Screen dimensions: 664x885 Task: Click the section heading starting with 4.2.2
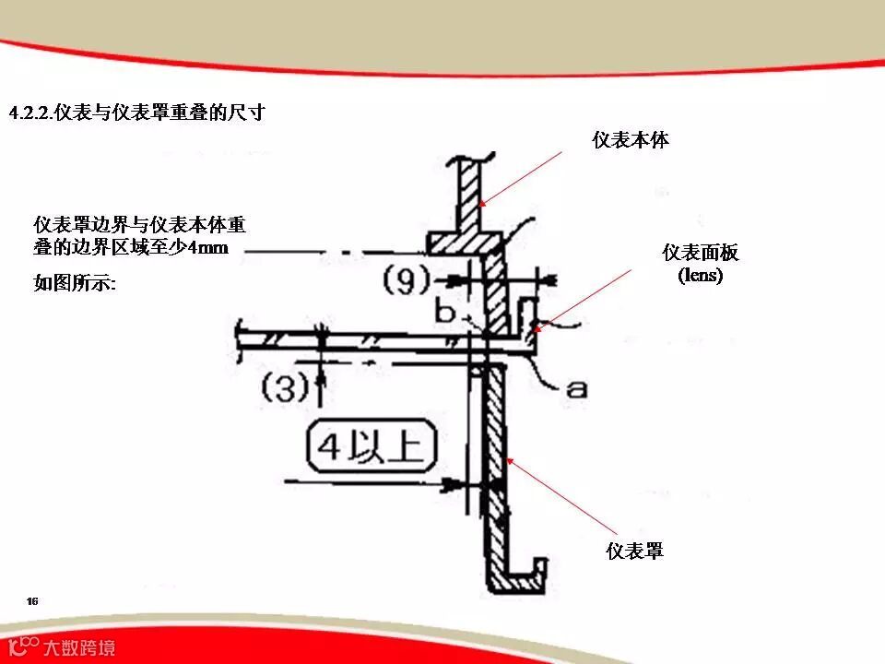[x=137, y=113]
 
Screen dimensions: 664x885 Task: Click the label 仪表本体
[x=631, y=140]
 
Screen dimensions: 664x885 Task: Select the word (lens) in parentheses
[x=701, y=275]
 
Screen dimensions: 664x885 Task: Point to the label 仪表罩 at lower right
[x=635, y=551]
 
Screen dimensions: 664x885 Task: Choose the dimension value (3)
[x=285, y=389]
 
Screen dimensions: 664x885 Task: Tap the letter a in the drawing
[x=576, y=389]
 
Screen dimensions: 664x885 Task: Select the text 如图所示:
[x=75, y=284]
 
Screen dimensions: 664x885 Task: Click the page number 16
[x=32, y=601]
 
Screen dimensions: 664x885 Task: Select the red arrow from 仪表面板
[x=585, y=296]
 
